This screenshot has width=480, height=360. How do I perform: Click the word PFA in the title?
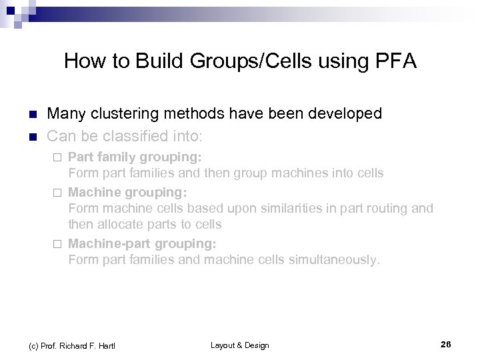point(394,62)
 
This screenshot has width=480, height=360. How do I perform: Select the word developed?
point(347,114)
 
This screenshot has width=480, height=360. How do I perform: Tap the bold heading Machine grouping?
point(127,193)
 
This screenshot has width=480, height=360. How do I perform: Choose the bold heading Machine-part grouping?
point(142,243)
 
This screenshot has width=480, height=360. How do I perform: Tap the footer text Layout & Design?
point(239,345)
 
